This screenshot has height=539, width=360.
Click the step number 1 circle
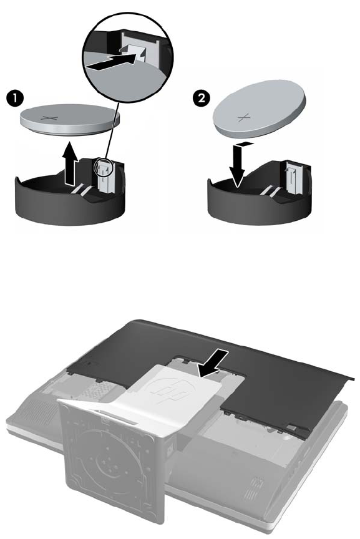[15, 99]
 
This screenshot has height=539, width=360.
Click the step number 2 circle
[201, 99]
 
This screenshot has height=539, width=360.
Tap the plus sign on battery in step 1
[49, 119]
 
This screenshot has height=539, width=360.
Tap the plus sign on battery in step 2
[243, 119]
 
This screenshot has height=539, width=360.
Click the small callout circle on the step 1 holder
[103, 167]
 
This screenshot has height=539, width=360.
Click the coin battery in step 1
[70, 119]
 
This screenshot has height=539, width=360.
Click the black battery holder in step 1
[70, 200]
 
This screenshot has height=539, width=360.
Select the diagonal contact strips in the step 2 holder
[272, 190]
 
